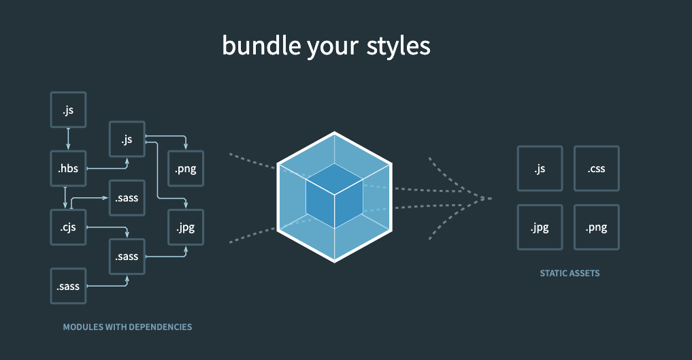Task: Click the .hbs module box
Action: click(x=68, y=169)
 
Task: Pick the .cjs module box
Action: click(x=68, y=227)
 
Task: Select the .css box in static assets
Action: click(x=596, y=168)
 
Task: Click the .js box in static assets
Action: click(x=540, y=168)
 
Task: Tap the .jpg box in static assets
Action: click(x=540, y=227)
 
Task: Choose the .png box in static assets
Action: click(x=596, y=227)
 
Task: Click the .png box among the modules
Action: click(x=185, y=169)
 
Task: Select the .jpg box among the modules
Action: click(x=185, y=227)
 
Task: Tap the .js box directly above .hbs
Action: click(x=68, y=110)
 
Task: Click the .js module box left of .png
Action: click(x=127, y=140)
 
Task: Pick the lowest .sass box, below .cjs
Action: click(x=68, y=286)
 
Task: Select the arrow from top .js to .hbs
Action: click(x=68, y=139)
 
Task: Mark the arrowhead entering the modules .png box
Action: click(x=185, y=147)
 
